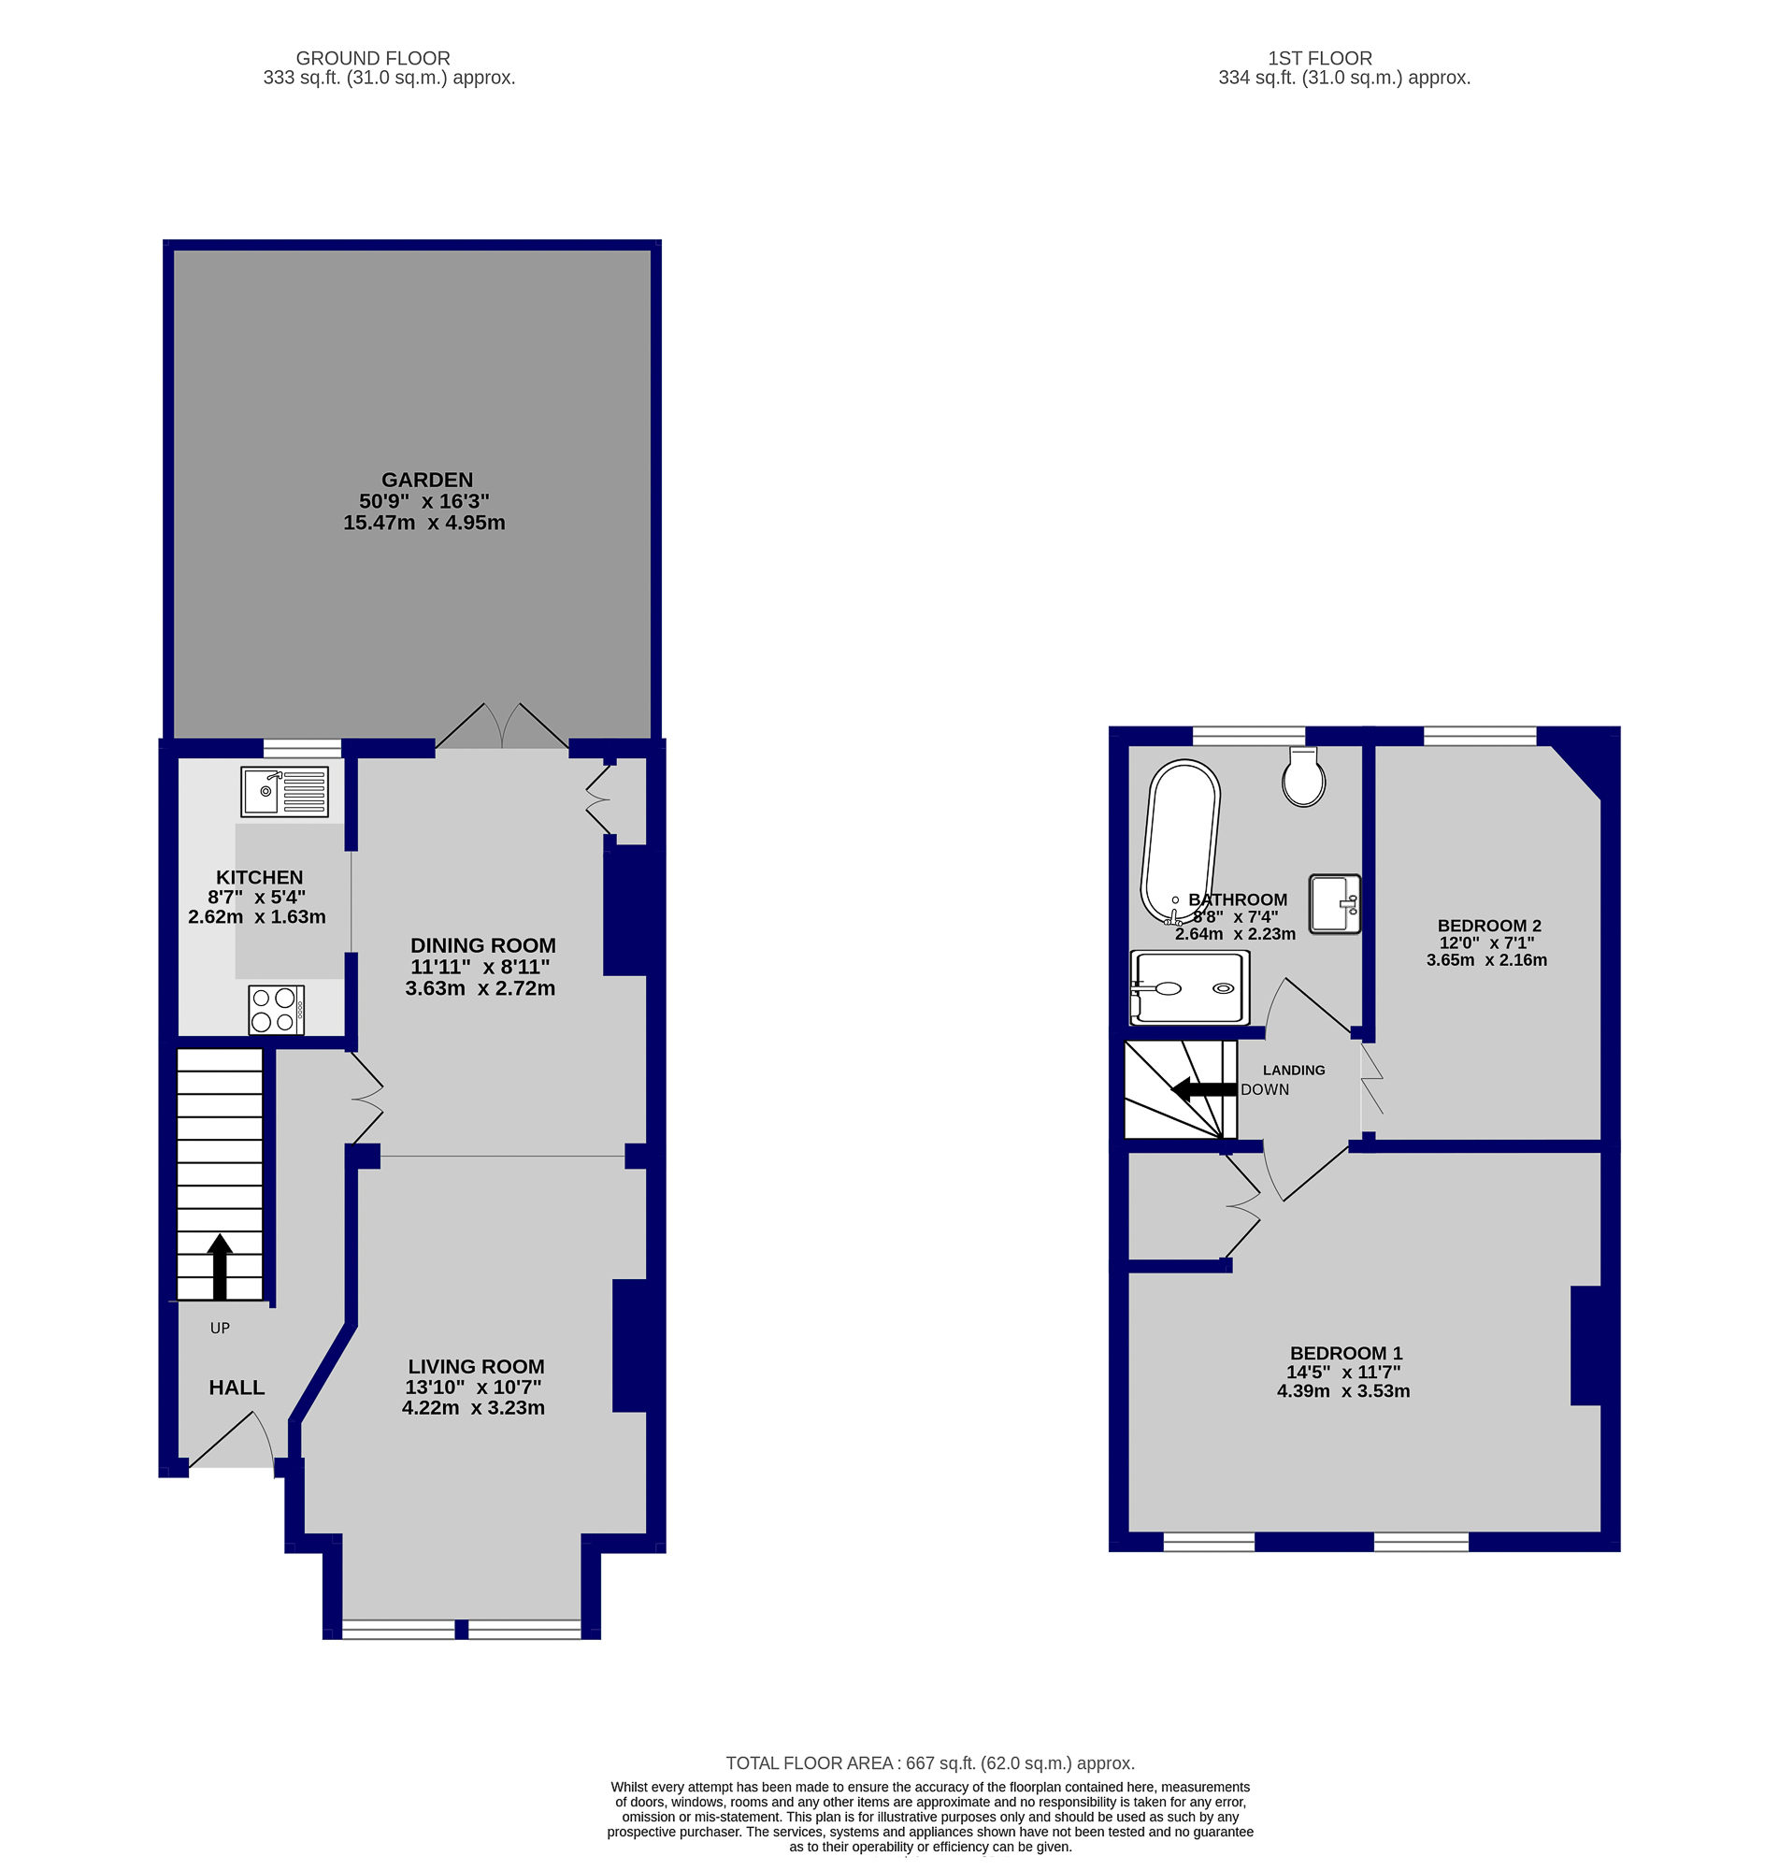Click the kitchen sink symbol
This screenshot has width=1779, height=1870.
pos(284,791)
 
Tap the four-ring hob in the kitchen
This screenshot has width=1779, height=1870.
pos(276,1010)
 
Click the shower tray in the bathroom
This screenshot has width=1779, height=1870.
pos(1190,989)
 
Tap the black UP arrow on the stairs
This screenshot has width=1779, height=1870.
pos(220,1266)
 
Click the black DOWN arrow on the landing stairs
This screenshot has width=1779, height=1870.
pos(1204,1089)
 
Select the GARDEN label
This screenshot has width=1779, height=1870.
pos(426,480)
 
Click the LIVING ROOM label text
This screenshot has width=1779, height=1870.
pos(476,1366)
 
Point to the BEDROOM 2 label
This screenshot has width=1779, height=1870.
pos(1489,926)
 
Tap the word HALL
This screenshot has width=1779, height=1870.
pos(237,1388)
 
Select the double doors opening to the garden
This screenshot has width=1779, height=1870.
pos(502,727)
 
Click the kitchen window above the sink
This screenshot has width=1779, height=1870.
pos(302,749)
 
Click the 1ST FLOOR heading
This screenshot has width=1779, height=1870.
pos(1320,58)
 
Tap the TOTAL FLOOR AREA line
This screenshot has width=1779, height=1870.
pos(929,1762)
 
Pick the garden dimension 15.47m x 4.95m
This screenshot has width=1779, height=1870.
pos(423,523)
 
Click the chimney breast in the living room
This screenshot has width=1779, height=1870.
pos(630,1345)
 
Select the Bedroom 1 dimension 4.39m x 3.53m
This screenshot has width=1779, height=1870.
pos(1342,1391)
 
